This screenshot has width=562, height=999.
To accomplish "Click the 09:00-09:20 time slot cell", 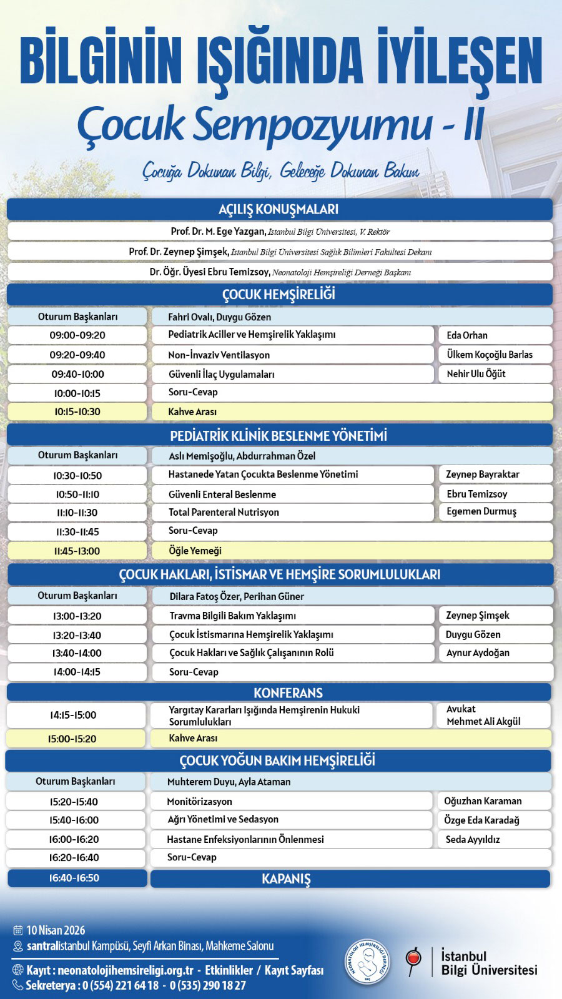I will coord(77,335).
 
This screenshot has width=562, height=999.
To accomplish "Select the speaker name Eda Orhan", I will coord(467,335).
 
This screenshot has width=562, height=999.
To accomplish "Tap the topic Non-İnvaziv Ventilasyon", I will coord(219,355).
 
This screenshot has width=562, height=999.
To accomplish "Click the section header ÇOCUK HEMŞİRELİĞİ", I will coord(279,294).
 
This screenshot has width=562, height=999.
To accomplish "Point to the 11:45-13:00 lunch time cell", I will coord(77,551).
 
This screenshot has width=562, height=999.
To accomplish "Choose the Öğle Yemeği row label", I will coord(195,551).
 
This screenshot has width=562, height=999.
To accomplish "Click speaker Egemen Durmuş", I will coord(481,511).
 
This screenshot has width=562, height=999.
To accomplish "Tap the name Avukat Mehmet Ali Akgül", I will coord(483,716).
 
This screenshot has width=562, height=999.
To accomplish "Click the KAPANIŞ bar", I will coord(287,878).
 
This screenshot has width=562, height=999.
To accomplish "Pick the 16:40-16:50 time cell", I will coord(74,878).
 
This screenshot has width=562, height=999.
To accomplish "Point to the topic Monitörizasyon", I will coord(200,801).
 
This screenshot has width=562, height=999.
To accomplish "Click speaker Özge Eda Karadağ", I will coord(481,820).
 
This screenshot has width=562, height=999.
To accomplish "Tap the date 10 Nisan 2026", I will coord(56,930).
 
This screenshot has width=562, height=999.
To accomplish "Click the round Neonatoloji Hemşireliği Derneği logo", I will coord(367,962).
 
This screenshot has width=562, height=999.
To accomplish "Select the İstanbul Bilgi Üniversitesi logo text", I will coord(488,963).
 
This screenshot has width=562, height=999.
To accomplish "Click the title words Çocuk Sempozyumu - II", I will coord(280,124).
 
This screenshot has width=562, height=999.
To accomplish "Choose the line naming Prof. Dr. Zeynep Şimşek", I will coord(280,252).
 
